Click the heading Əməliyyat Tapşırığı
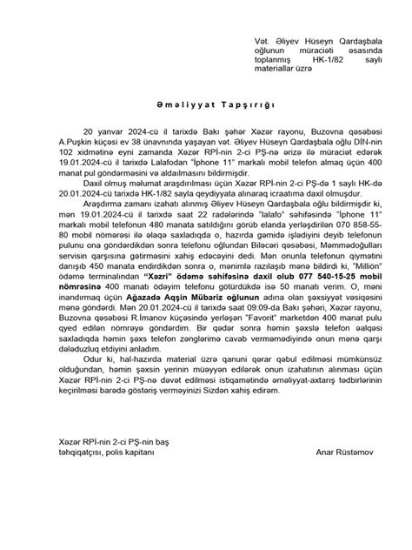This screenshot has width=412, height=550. (206, 125)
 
